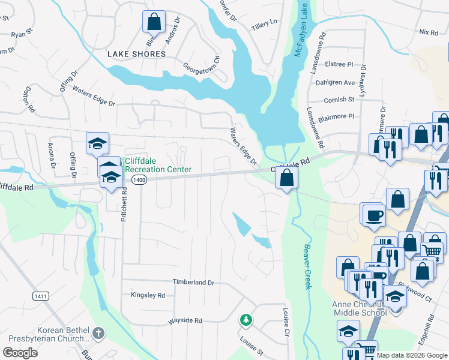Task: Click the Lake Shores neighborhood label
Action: pos(136,54)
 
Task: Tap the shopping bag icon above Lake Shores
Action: pos(154,22)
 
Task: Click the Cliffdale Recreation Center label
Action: pos(158,165)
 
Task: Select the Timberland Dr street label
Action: pos(193,282)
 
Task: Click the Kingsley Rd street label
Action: pos(148,295)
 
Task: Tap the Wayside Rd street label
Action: pos(185,320)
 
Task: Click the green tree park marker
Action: pos(245,320)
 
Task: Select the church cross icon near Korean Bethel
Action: pos(99,332)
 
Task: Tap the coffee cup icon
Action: pos(373,215)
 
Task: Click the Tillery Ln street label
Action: pos(265,22)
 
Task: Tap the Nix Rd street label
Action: pos(429,32)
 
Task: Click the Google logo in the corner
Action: pos(20,352)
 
